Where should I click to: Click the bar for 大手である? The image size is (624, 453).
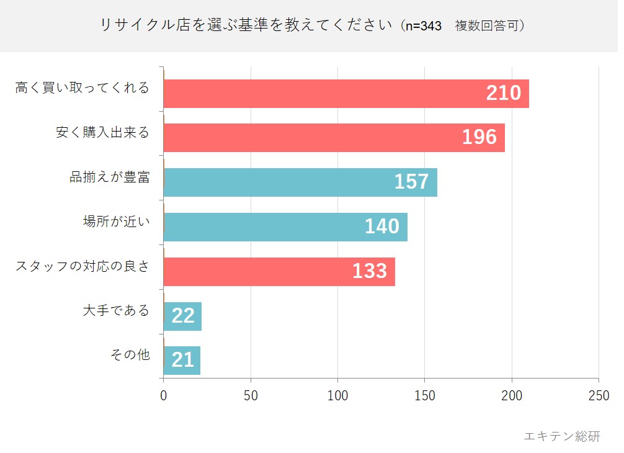click(x=182, y=316)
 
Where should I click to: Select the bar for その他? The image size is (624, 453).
click(x=182, y=361)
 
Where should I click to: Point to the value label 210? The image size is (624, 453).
click(x=503, y=93)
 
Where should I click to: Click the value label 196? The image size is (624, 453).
click(x=479, y=137)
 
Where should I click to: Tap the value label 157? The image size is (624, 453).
click(x=411, y=182)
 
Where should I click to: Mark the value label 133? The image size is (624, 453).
click(x=370, y=271)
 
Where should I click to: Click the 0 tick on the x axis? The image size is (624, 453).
click(x=163, y=396)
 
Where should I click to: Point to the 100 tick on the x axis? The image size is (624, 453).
click(x=337, y=396)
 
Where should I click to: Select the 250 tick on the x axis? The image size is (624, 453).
click(x=599, y=396)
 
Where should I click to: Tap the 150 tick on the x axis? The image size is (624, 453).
click(x=425, y=396)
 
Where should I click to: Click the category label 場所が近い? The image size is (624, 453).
click(x=117, y=222)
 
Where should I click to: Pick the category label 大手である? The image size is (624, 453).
click(x=117, y=310)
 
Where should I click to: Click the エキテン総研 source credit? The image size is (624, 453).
click(x=562, y=436)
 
